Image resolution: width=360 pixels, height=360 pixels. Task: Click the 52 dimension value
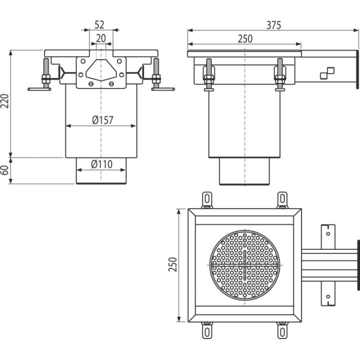pos(99,25)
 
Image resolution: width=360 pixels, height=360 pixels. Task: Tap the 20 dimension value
pos(101,38)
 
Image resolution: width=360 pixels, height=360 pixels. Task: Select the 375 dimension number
pos(273,25)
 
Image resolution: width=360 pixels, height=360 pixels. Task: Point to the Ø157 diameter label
pos(102,120)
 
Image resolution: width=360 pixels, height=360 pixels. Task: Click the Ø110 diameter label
pos(101,164)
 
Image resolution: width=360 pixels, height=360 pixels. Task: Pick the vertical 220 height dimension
pos(4,101)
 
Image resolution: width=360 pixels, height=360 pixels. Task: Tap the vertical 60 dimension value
pos(4,170)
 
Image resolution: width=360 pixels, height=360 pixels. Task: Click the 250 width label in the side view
pos(245,39)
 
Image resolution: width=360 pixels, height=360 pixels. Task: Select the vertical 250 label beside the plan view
pos(172,264)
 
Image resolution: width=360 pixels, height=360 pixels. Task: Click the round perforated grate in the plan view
pos(244,265)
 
